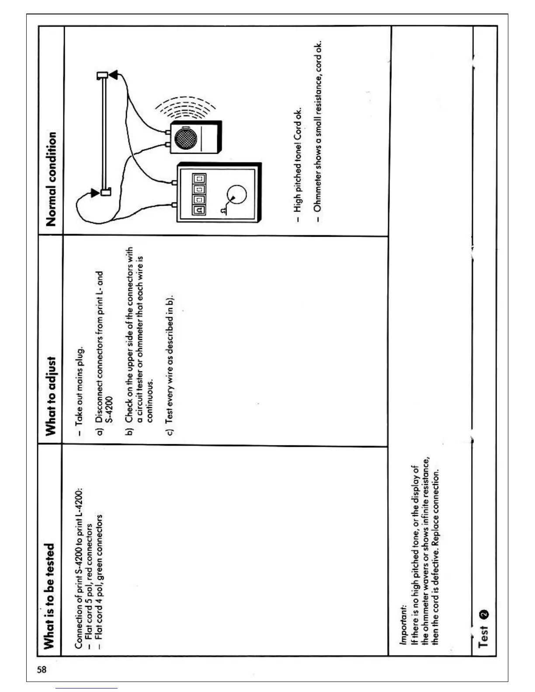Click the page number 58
[x=42, y=669]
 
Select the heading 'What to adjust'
[x=51, y=396]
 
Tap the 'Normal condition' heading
[x=51, y=179]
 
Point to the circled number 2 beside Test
[x=484, y=614]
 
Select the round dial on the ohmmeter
[x=236, y=194]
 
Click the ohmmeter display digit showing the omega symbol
[x=199, y=210]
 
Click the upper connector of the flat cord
[x=103, y=75]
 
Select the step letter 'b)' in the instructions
[x=129, y=431]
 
